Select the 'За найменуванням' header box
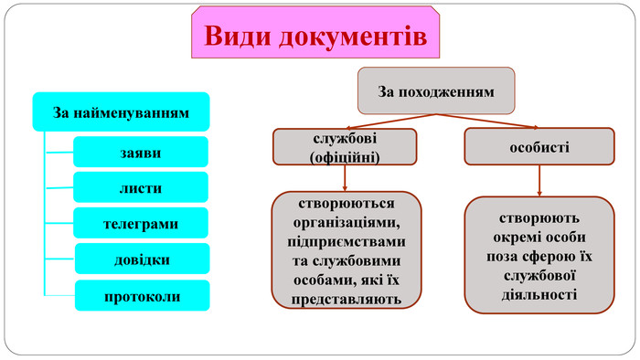(x=121, y=113)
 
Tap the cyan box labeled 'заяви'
(x=141, y=153)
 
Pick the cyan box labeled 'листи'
(x=141, y=188)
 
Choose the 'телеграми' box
(x=141, y=224)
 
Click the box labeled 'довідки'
(x=142, y=259)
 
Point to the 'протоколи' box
(x=142, y=296)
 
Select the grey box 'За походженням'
(x=436, y=91)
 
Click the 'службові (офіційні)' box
(x=345, y=147)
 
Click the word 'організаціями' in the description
(x=346, y=223)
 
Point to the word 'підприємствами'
(x=346, y=242)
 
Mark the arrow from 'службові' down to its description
(x=345, y=179)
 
